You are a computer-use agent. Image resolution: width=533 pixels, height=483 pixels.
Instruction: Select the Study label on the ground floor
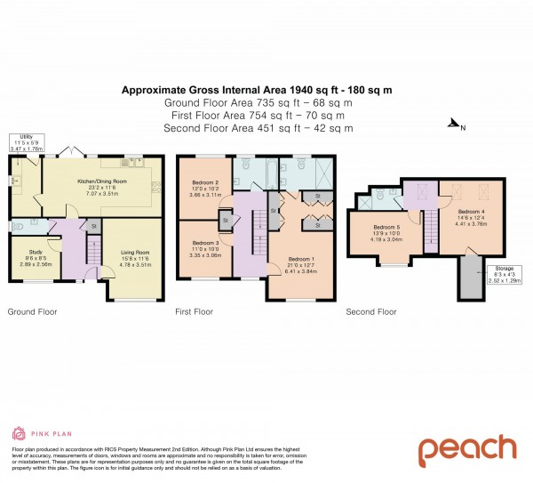pos(36,253)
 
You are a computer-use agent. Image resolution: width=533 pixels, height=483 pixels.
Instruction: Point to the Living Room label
pos(135,253)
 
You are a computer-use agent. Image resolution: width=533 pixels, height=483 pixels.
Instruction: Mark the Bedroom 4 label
pos(473,212)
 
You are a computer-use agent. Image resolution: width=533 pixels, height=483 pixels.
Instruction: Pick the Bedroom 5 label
pos(390,227)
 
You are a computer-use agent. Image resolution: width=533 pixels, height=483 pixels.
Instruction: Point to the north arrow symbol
pos(455,125)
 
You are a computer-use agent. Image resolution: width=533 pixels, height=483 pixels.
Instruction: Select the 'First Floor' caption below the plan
pos(195,312)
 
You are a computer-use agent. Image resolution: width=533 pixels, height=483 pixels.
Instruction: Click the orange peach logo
pos(466,450)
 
